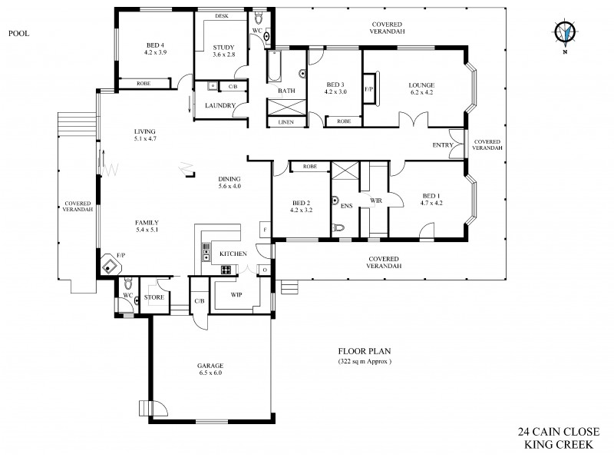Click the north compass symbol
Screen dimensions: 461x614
[x=566, y=32]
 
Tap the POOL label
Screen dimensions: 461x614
[x=18, y=33]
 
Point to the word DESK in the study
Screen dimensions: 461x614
[x=222, y=15]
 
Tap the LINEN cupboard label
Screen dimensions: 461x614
[x=286, y=121]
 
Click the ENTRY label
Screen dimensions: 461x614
[x=442, y=145]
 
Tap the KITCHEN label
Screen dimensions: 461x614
[x=233, y=254]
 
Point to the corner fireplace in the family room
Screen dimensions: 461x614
[x=112, y=266]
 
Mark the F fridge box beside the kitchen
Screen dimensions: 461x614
[x=266, y=229]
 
